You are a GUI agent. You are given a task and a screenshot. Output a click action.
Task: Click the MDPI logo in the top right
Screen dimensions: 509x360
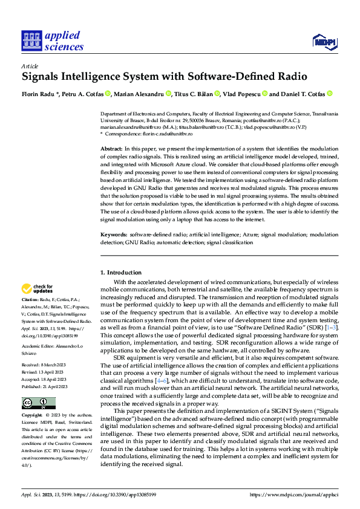click(x=324, y=41)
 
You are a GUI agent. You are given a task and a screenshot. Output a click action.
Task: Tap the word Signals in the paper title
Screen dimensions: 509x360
click(x=45, y=77)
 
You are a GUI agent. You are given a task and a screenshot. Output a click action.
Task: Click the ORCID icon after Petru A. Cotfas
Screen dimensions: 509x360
click(x=108, y=94)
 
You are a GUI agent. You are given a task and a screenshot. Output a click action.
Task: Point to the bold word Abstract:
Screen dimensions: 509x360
click(x=111, y=148)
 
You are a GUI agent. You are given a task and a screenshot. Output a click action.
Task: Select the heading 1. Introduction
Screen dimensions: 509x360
click(x=121, y=273)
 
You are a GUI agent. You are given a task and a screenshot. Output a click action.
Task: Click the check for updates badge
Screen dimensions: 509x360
click(x=37, y=289)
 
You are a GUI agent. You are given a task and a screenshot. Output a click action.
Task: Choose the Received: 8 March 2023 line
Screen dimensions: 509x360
click(x=44, y=366)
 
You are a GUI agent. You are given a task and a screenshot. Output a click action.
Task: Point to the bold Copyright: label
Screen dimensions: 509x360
click(x=32, y=416)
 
